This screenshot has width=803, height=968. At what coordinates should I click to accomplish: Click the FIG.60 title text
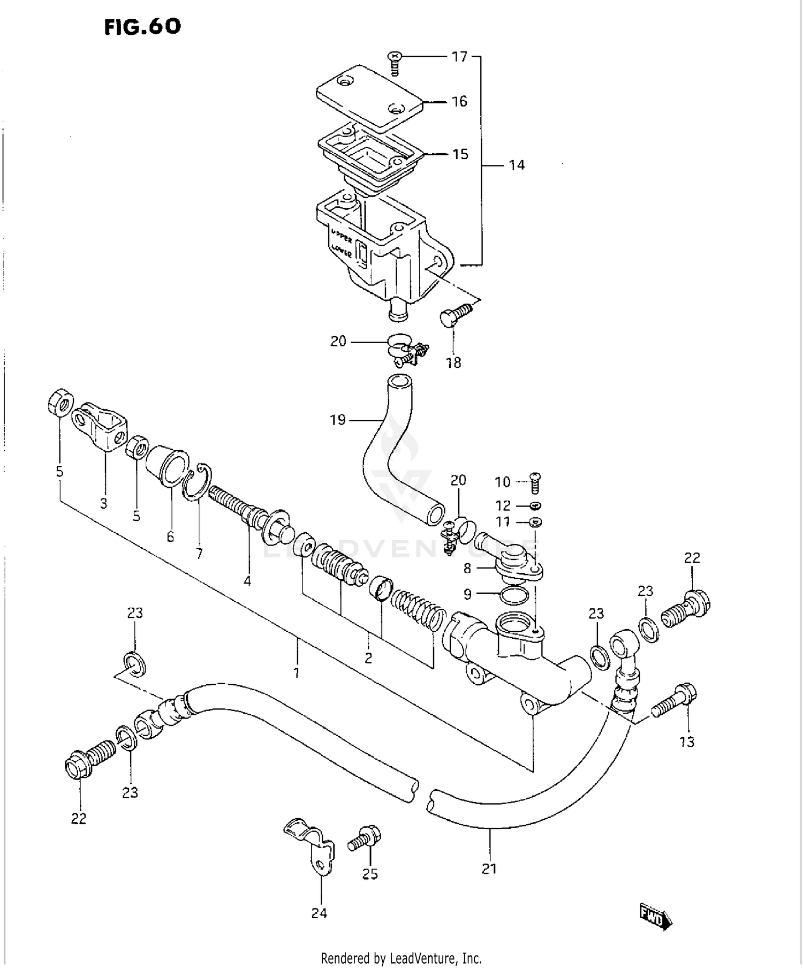[x=142, y=26]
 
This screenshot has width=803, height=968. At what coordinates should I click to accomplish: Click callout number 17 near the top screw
[x=459, y=56]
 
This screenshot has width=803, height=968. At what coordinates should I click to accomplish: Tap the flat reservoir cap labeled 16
[x=369, y=99]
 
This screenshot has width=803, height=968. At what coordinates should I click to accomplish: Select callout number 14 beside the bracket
[x=516, y=165]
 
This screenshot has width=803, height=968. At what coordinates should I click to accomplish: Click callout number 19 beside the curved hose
[x=337, y=420]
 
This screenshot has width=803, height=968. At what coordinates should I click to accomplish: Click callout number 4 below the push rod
[x=247, y=581]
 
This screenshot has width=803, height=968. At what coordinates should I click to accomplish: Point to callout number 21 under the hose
[x=489, y=868]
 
